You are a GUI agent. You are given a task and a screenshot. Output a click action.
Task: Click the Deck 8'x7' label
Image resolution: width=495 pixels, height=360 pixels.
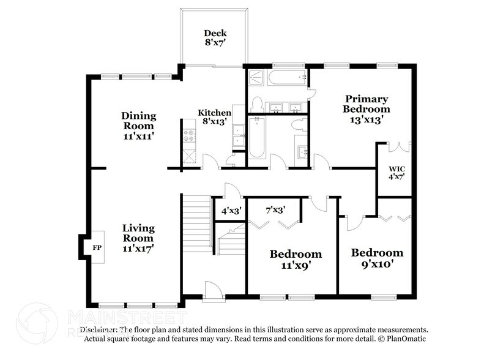215,38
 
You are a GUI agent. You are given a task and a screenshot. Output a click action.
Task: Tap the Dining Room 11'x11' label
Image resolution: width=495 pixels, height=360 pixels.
138,126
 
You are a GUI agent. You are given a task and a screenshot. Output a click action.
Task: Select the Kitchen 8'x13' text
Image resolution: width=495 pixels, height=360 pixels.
214,117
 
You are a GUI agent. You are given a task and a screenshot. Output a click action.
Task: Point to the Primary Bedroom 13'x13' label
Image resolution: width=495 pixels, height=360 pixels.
366,109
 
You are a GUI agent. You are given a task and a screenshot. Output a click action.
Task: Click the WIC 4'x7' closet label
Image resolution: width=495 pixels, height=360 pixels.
397,173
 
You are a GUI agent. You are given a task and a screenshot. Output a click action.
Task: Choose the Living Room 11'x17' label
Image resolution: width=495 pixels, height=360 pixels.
138,238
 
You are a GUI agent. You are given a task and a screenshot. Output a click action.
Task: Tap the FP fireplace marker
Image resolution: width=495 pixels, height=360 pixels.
97,248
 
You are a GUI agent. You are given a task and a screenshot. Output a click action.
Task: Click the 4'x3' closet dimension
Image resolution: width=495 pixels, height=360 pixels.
231,211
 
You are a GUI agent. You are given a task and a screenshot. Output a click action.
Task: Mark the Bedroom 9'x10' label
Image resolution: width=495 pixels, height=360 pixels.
376,258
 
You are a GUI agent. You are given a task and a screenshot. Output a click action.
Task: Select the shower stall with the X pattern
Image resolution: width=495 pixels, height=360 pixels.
256,78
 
